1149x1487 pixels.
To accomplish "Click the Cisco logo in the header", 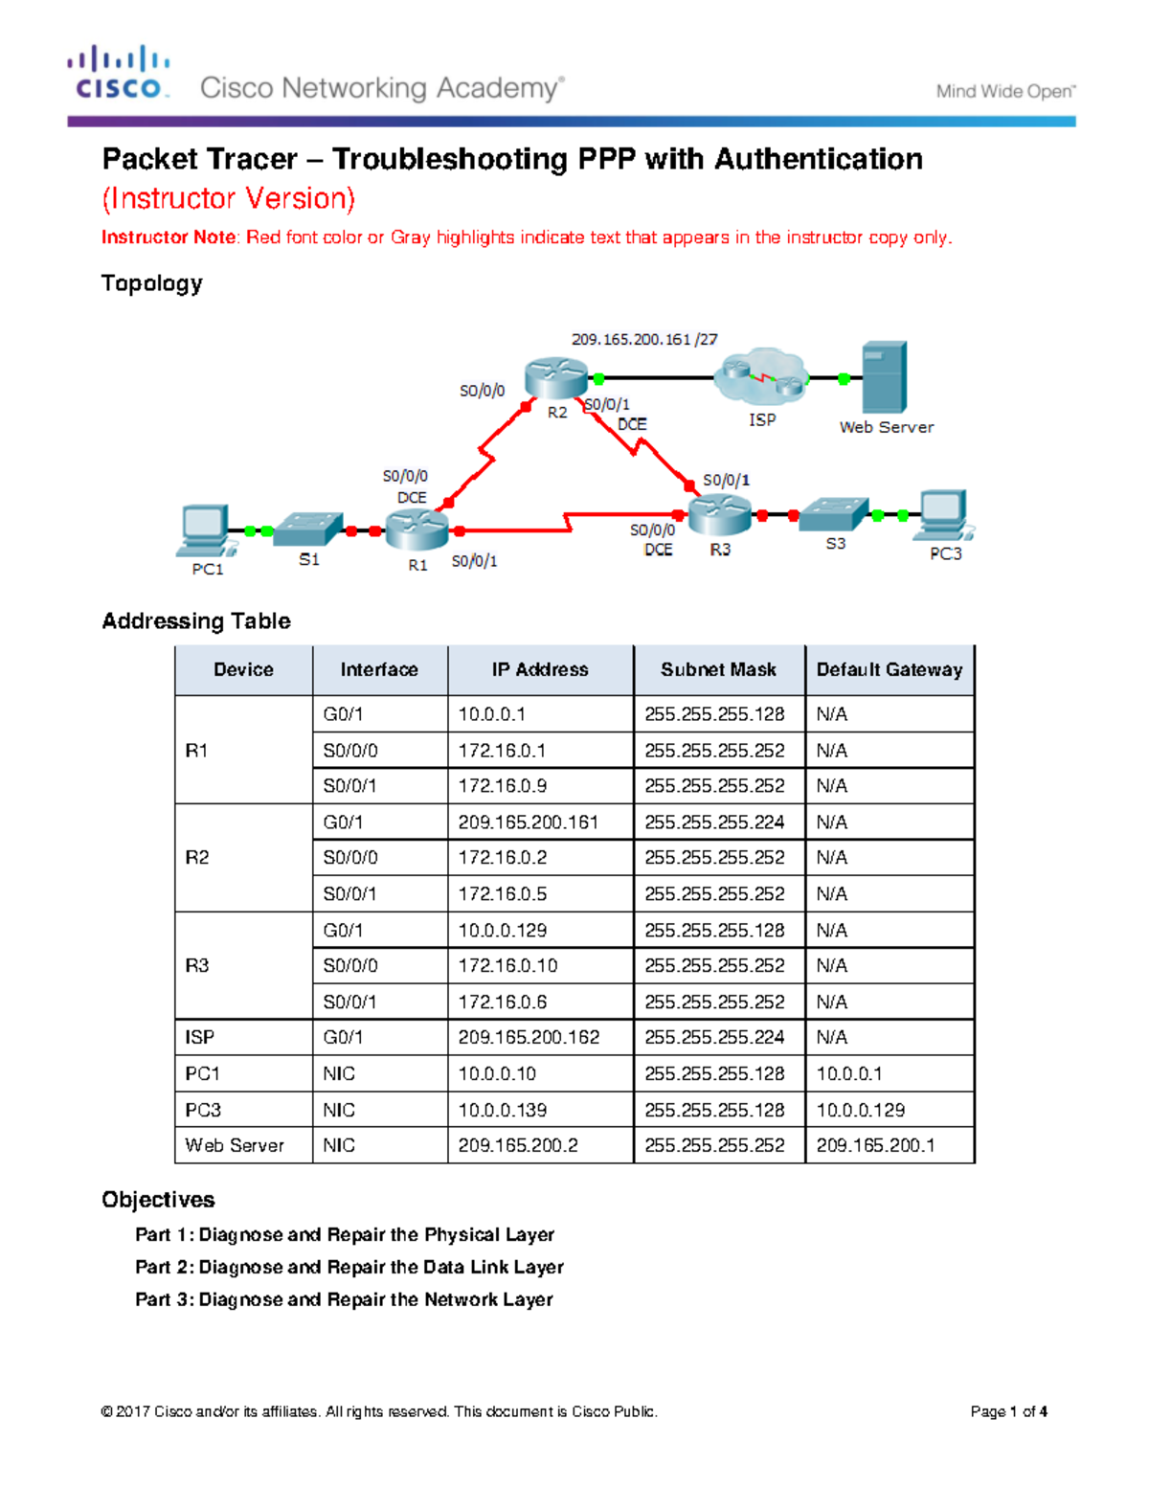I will (x=119, y=73).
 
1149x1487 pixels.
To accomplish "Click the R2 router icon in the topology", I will (x=555, y=377).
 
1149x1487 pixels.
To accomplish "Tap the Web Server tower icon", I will (x=884, y=377).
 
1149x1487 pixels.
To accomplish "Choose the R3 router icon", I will (x=719, y=516).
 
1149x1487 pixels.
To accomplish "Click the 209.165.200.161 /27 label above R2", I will (x=644, y=339).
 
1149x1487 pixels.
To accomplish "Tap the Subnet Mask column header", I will (x=718, y=670).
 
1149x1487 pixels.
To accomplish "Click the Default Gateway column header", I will (x=889, y=670).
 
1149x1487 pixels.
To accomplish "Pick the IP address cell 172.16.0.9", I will (x=503, y=786).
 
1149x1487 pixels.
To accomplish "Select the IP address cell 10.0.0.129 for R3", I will (x=503, y=931).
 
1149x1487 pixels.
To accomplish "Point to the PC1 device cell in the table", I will (x=203, y=1074).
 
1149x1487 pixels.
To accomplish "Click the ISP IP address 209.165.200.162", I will (x=529, y=1038).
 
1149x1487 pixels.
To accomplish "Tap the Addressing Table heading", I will (x=196, y=621).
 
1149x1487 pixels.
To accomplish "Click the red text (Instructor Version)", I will (x=228, y=198).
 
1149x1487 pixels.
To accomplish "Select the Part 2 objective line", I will (x=349, y=1268).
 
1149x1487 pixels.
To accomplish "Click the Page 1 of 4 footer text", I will (x=1008, y=1411).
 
